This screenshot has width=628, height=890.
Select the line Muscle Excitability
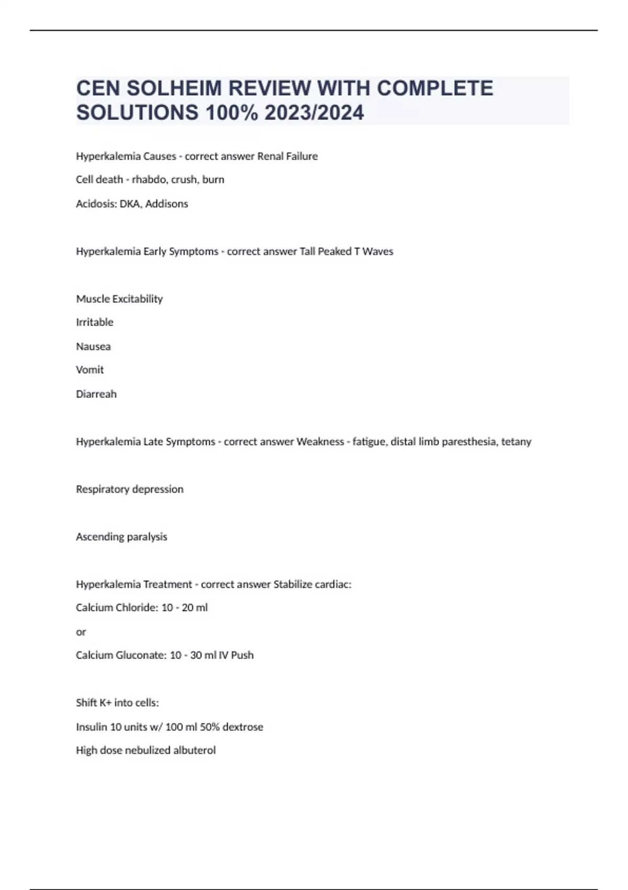click(x=119, y=299)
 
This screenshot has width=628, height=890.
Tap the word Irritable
click(x=95, y=322)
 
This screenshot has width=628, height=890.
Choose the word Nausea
click(x=93, y=347)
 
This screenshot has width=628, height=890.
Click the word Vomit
click(x=90, y=370)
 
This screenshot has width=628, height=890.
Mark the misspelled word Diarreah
click(x=96, y=394)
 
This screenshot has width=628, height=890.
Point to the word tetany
click(x=516, y=442)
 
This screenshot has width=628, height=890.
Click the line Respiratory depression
click(x=130, y=489)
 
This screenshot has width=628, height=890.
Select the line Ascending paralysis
click(x=121, y=537)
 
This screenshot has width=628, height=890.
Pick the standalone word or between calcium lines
click(x=81, y=632)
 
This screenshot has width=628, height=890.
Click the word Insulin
click(x=92, y=727)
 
